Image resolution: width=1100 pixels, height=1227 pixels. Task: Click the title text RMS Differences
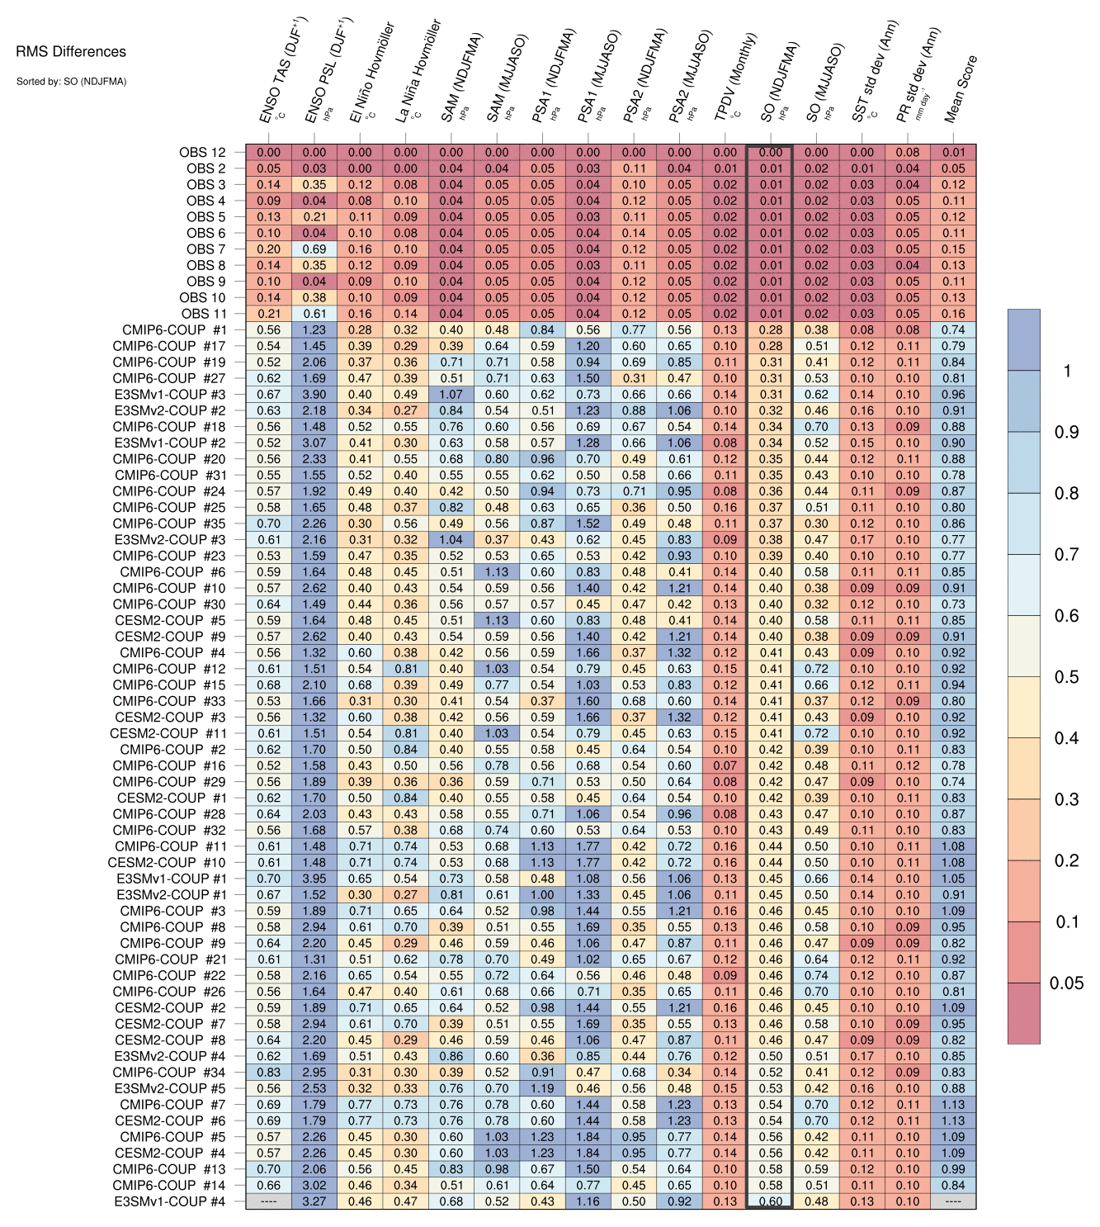(x=71, y=52)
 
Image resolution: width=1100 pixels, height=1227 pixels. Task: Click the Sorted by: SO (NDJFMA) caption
(x=71, y=82)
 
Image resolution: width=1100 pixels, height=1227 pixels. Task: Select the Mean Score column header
(x=961, y=89)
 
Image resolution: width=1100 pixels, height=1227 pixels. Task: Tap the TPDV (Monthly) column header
(x=735, y=78)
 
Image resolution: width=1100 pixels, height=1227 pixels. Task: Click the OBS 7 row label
(x=205, y=249)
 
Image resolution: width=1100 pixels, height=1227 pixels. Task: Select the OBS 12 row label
(x=202, y=152)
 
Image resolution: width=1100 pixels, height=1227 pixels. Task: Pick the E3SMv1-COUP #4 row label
(x=170, y=1201)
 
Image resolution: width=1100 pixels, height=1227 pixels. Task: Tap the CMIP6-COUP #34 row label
(x=169, y=1072)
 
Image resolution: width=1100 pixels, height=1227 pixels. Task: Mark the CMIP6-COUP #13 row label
(x=169, y=1169)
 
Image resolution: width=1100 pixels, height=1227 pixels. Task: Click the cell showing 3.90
(x=314, y=395)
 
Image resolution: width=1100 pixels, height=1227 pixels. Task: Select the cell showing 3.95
(x=314, y=879)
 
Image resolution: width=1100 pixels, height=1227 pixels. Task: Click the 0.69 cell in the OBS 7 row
(x=314, y=249)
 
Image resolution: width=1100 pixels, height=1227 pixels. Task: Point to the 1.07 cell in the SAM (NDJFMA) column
(x=451, y=395)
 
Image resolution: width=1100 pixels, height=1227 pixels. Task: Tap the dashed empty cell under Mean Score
(x=953, y=1201)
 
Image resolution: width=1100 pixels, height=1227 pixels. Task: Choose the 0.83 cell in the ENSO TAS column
(x=269, y=1072)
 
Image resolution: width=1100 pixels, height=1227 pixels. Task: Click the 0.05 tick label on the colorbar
(x=1066, y=983)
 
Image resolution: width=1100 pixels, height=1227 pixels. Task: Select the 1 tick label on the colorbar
(x=1067, y=371)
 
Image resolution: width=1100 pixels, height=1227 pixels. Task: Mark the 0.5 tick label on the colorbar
(x=1066, y=677)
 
